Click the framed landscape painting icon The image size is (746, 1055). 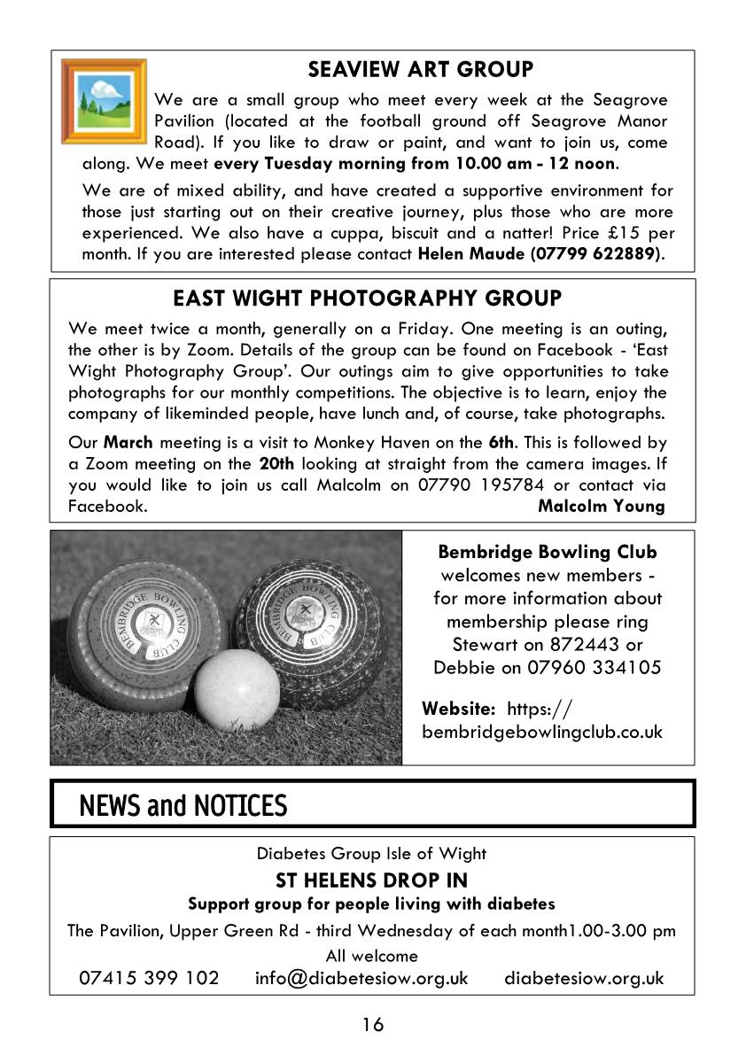(104, 101)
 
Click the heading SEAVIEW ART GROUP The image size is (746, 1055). (421, 69)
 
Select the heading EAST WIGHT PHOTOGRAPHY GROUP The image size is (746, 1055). (367, 298)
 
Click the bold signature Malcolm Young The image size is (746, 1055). (601, 506)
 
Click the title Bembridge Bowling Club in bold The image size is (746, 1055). (548, 552)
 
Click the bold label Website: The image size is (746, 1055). (458, 708)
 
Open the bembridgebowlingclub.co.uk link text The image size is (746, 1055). (542, 732)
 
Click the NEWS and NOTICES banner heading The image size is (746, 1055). (183, 805)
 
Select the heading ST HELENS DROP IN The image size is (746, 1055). (372, 880)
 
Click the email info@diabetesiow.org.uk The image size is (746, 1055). (361, 978)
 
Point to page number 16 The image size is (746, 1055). (372, 1025)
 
